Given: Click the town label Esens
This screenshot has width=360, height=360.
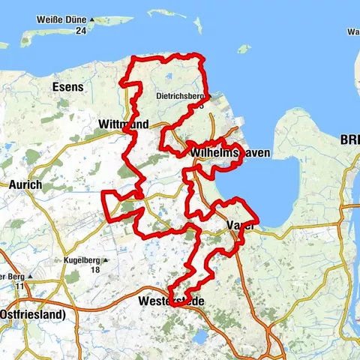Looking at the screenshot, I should [67, 87].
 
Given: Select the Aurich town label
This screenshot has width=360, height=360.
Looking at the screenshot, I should [27, 184].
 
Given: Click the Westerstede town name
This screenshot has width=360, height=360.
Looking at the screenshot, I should [172, 301].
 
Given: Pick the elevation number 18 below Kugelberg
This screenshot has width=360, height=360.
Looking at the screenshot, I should [94, 270].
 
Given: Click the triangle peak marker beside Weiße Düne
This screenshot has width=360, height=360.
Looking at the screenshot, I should [91, 19].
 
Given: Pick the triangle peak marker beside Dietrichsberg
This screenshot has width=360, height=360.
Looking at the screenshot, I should [213, 96].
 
